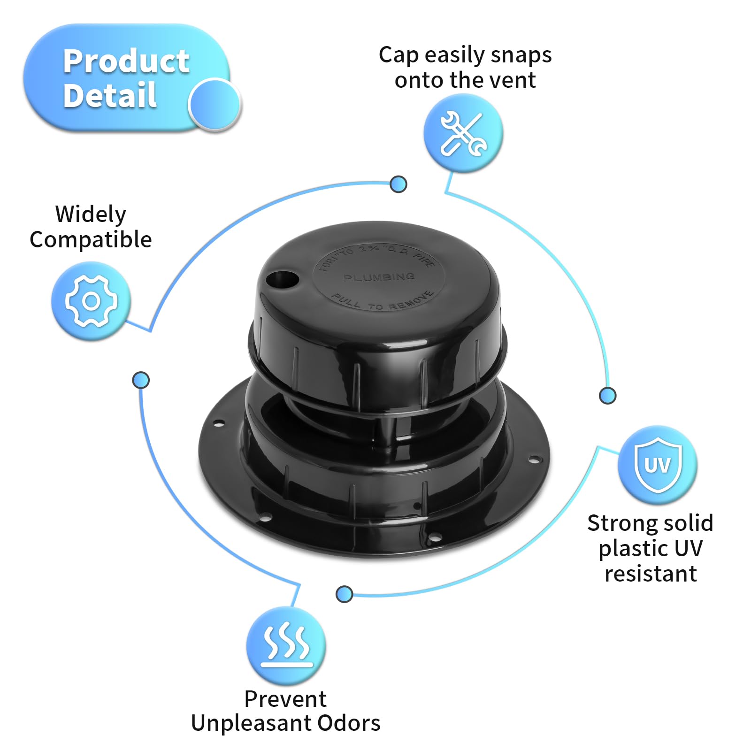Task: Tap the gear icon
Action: pyautogui.click(x=91, y=301)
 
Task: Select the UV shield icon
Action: pyautogui.click(x=658, y=465)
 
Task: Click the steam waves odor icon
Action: pyautogui.click(x=286, y=645)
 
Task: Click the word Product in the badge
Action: pyautogui.click(x=126, y=61)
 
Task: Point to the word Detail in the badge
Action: pyautogui.click(x=110, y=95)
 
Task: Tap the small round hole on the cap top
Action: pyautogui.click(x=283, y=280)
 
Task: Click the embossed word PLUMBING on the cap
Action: pyautogui.click(x=379, y=277)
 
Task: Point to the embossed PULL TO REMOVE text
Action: pyautogui.click(x=383, y=302)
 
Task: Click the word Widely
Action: pyautogui.click(x=91, y=215)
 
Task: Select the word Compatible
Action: pyautogui.click(x=91, y=240)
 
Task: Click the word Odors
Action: pyautogui.click(x=349, y=723)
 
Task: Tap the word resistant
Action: pyautogui.click(x=651, y=574)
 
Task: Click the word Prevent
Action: pyautogui.click(x=285, y=699)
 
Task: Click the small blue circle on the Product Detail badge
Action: pyautogui.click(x=215, y=104)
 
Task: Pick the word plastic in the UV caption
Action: pyautogui.click(x=626, y=548)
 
